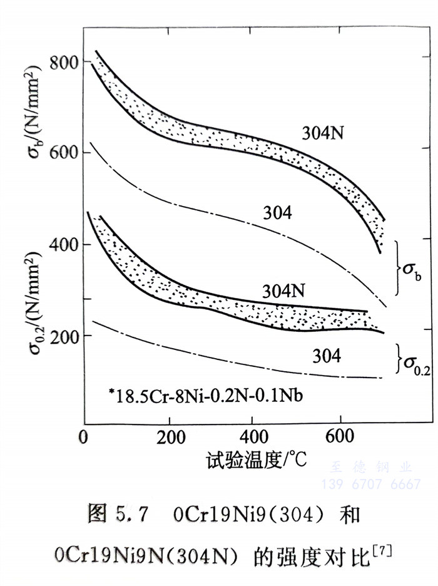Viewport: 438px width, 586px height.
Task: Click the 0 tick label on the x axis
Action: (x=84, y=436)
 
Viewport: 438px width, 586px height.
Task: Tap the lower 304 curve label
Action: (x=324, y=356)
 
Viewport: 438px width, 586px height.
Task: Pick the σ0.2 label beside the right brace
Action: (x=416, y=363)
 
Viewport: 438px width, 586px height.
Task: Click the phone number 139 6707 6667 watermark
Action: (x=370, y=484)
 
